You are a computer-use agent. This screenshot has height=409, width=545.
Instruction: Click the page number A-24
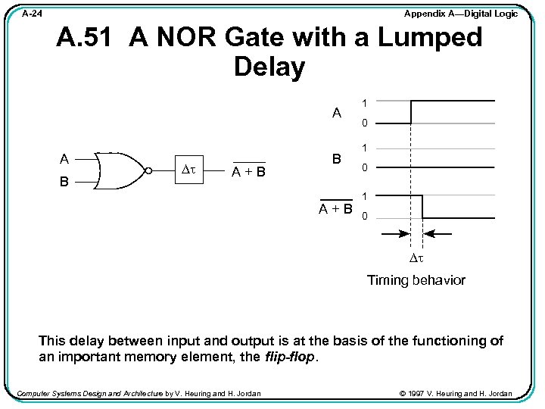[32, 14]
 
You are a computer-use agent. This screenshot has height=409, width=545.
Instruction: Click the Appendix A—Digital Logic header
[460, 14]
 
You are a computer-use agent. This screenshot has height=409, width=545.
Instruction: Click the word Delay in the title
[269, 67]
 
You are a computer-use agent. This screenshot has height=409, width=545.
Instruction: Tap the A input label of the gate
[66, 159]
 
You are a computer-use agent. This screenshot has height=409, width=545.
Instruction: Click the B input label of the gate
[66, 183]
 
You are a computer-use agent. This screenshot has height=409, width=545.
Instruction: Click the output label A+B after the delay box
[248, 172]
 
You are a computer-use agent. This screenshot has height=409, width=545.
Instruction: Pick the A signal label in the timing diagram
[337, 113]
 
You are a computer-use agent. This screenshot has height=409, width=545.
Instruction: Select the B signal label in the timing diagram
[338, 160]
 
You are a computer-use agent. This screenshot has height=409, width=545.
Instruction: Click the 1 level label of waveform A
[364, 102]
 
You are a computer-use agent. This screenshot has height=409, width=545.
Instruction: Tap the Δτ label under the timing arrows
[416, 258]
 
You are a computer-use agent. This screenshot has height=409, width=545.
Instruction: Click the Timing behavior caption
[416, 280]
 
